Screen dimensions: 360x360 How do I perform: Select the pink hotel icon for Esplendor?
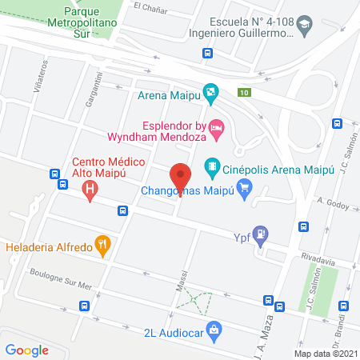coord(215,127)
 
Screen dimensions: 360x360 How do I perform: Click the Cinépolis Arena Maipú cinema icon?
coord(211,168)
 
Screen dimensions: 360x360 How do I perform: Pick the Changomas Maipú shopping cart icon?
coord(245,190)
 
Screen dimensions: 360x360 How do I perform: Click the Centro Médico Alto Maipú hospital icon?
coord(90,190)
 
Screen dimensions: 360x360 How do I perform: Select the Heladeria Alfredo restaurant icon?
coord(102,247)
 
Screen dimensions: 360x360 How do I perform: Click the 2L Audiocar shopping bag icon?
coord(214,329)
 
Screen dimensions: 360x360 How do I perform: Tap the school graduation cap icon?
coord(305,28)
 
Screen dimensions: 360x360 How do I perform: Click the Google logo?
coord(26,350)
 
